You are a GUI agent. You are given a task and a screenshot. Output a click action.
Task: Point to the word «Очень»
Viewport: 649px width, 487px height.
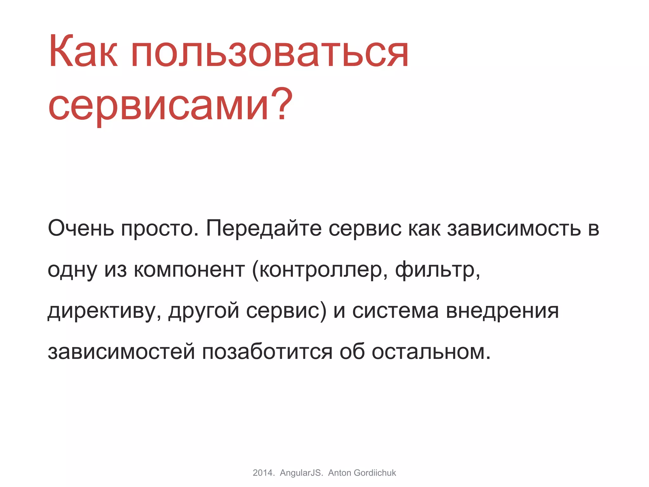tap(81, 228)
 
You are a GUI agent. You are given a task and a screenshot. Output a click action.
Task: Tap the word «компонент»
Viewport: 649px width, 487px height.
tap(189, 269)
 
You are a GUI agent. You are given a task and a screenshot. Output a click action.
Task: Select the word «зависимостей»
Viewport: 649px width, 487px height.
tap(121, 352)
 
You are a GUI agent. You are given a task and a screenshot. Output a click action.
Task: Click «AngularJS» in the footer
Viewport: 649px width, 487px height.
tap(301, 473)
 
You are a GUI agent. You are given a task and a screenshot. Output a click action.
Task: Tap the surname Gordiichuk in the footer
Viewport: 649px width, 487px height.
tap(375, 473)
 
